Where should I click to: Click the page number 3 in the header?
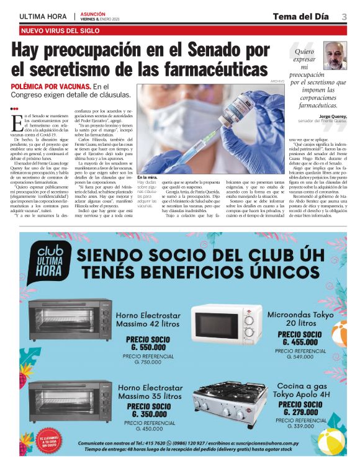[x=344, y=16]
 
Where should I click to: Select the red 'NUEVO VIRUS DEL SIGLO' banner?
[x=61, y=30]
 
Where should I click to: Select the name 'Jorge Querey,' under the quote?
[x=332, y=116]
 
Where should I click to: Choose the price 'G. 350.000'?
[x=147, y=414]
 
